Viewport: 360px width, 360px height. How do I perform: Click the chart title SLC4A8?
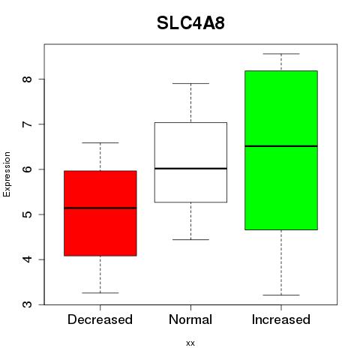190,22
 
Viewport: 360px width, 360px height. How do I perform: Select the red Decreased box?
100,213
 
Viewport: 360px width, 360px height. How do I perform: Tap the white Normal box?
190,162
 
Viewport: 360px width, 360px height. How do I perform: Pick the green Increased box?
281,150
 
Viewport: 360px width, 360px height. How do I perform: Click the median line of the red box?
100,208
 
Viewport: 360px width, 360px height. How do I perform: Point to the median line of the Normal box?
190,169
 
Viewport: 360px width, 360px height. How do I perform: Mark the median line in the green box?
281,146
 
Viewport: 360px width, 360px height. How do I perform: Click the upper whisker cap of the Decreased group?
100,142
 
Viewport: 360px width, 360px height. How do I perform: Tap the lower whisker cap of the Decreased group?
100,292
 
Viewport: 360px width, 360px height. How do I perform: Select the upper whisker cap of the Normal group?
190,83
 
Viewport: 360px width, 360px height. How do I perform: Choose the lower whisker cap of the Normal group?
190,239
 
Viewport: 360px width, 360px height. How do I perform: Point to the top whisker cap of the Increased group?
281,54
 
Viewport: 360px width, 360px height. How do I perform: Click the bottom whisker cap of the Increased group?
281,295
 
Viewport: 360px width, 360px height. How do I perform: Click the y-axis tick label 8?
28,79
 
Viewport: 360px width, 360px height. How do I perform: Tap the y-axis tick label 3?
28,304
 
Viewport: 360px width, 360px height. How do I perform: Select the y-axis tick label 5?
28,214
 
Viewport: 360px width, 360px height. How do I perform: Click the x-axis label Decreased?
100,319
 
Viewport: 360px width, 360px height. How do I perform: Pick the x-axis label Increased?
281,319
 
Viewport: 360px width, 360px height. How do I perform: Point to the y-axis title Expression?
7,174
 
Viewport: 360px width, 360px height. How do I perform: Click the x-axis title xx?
190,343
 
